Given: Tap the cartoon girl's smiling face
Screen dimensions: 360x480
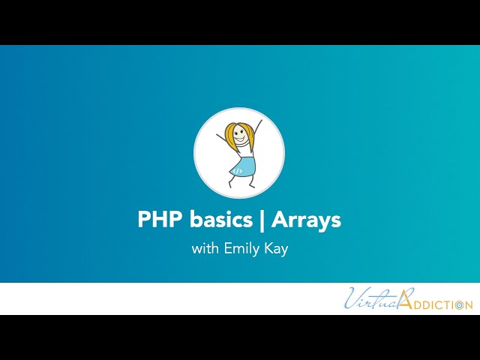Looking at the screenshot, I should (239, 138).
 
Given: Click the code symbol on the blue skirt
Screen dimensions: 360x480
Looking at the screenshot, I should (237, 171).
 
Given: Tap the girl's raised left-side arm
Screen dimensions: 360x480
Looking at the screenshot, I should (222, 139).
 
